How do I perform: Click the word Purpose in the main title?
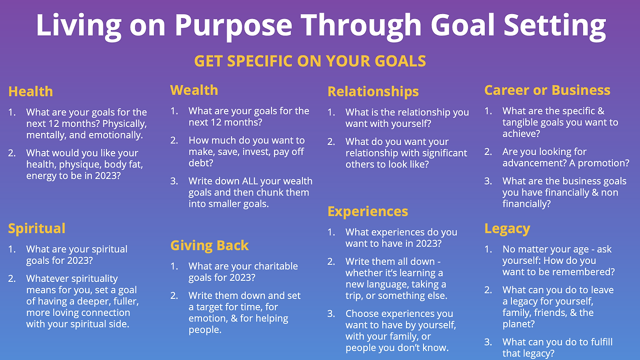point(233,26)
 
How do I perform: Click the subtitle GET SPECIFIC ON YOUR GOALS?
point(310,61)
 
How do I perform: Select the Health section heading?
point(30,91)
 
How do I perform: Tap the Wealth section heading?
point(194,90)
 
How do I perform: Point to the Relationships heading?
point(373,91)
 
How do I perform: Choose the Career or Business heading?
point(547,90)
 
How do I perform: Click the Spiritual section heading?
point(36,228)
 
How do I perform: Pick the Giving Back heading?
point(209,245)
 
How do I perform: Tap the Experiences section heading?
point(367,211)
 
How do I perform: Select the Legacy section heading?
point(507,229)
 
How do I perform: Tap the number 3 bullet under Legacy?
point(488,342)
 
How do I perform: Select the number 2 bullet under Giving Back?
point(174,295)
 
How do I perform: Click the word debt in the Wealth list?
point(199,163)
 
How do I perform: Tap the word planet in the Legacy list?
point(516,324)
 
